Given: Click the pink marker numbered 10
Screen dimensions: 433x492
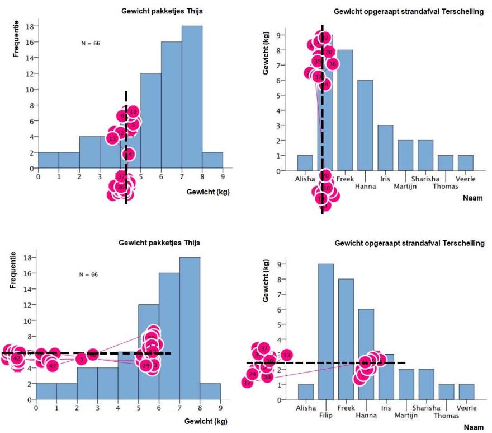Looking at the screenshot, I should pos(133,111).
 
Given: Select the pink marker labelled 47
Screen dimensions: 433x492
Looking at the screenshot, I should pos(53,366).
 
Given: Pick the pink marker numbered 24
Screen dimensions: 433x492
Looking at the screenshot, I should pos(146,366).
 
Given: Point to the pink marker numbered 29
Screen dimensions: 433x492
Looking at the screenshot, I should pos(252,374).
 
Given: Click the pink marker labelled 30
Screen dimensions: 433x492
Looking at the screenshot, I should pos(267,378).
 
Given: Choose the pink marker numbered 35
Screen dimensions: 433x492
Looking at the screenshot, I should pos(318,61).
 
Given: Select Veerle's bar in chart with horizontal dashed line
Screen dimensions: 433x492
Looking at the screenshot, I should pos(466,392).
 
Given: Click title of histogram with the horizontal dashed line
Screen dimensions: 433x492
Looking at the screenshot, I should pos(159,243).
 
